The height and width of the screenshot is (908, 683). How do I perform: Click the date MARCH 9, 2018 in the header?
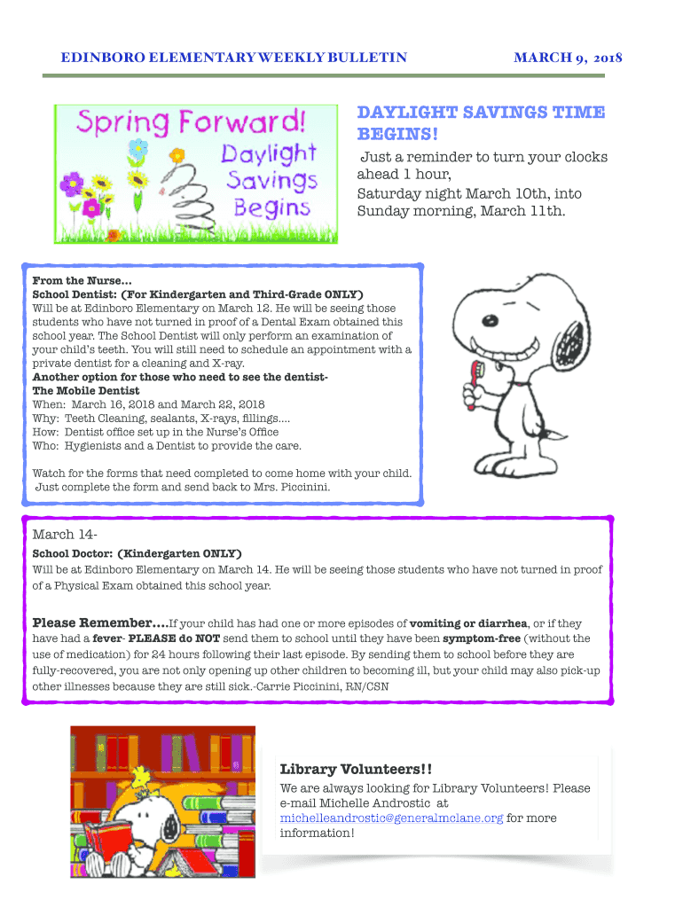(568, 59)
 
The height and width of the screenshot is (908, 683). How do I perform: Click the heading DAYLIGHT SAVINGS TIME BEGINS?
(480, 123)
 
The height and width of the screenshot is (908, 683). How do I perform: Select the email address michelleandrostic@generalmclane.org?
(391, 818)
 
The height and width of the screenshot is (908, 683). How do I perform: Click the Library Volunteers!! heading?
(343, 768)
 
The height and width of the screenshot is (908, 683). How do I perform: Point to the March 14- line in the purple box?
(64, 534)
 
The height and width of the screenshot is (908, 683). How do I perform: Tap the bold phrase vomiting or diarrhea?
(476, 622)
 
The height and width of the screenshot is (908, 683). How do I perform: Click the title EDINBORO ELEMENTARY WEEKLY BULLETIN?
(233, 59)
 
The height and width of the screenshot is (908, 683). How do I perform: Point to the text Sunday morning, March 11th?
(460, 211)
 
